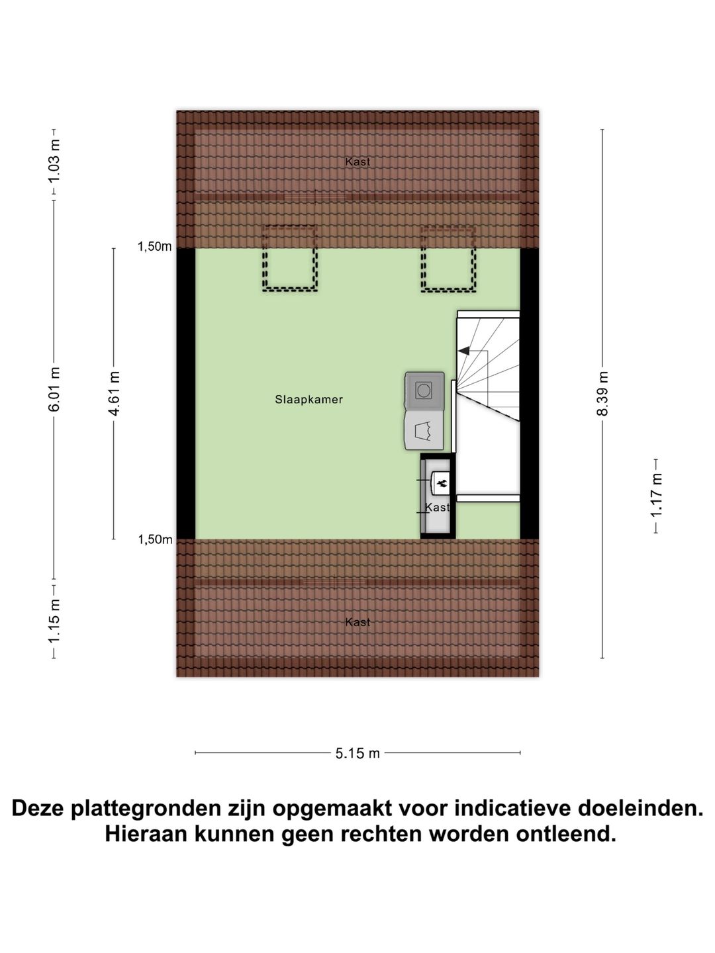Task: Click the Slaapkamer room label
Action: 309,400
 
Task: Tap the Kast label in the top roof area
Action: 358,161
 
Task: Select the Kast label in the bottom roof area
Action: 358,622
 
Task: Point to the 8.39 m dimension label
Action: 602,393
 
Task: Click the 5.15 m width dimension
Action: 358,752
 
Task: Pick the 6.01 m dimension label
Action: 54,390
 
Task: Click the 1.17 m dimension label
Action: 655,496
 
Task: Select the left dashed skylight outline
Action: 289,258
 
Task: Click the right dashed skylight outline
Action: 448,258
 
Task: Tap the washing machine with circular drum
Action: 424,390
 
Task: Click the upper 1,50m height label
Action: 155,247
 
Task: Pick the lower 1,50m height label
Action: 155,539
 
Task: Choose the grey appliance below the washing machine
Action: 424,431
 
